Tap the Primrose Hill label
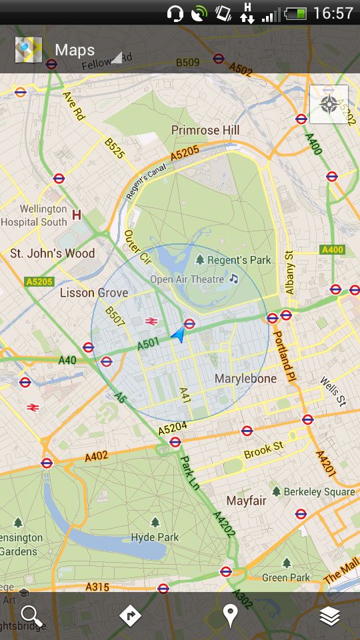(205, 130)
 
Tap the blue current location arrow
(177, 335)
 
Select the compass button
(329, 104)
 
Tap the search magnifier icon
(31, 616)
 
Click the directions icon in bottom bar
(130, 616)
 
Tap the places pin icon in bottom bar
(230, 616)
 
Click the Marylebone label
(245, 379)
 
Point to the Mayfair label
(246, 501)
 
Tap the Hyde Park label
(155, 537)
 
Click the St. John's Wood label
(52, 253)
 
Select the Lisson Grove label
(94, 293)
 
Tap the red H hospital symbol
(77, 215)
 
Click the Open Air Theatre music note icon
(233, 279)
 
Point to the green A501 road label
(148, 345)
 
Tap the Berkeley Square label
(319, 492)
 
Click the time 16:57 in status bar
(333, 13)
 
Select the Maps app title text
(75, 50)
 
